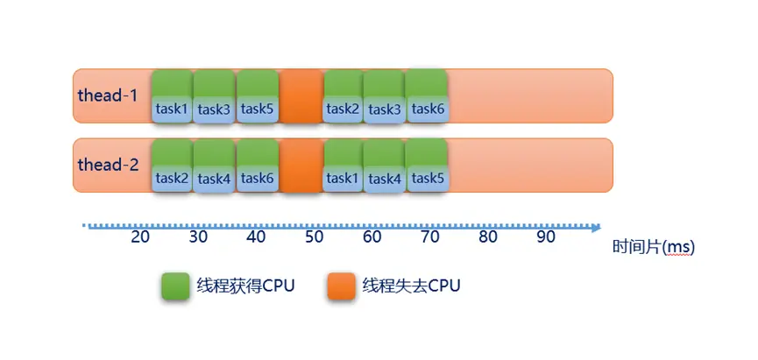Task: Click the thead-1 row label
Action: (x=108, y=95)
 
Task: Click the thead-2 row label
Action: (x=108, y=164)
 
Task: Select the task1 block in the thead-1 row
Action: (x=172, y=96)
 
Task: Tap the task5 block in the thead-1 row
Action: (x=258, y=96)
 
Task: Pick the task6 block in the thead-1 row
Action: (x=428, y=96)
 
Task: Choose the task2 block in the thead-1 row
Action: (x=344, y=96)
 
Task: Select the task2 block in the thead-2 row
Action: (x=172, y=166)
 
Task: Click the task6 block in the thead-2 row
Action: (x=258, y=166)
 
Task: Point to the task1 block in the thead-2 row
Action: (x=344, y=166)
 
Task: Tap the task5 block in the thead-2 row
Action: (x=428, y=166)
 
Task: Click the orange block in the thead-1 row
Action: (x=301, y=96)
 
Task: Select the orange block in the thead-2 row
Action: (x=301, y=166)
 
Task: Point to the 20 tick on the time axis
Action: (x=139, y=237)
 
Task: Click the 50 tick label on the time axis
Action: (x=315, y=237)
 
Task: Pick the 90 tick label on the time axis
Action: (x=546, y=237)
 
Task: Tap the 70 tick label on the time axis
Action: (x=430, y=237)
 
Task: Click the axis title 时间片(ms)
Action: (x=653, y=248)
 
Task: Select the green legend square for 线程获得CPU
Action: (x=175, y=286)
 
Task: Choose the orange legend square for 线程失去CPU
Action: (x=341, y=286)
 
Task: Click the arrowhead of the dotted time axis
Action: (x=596, y=227)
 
